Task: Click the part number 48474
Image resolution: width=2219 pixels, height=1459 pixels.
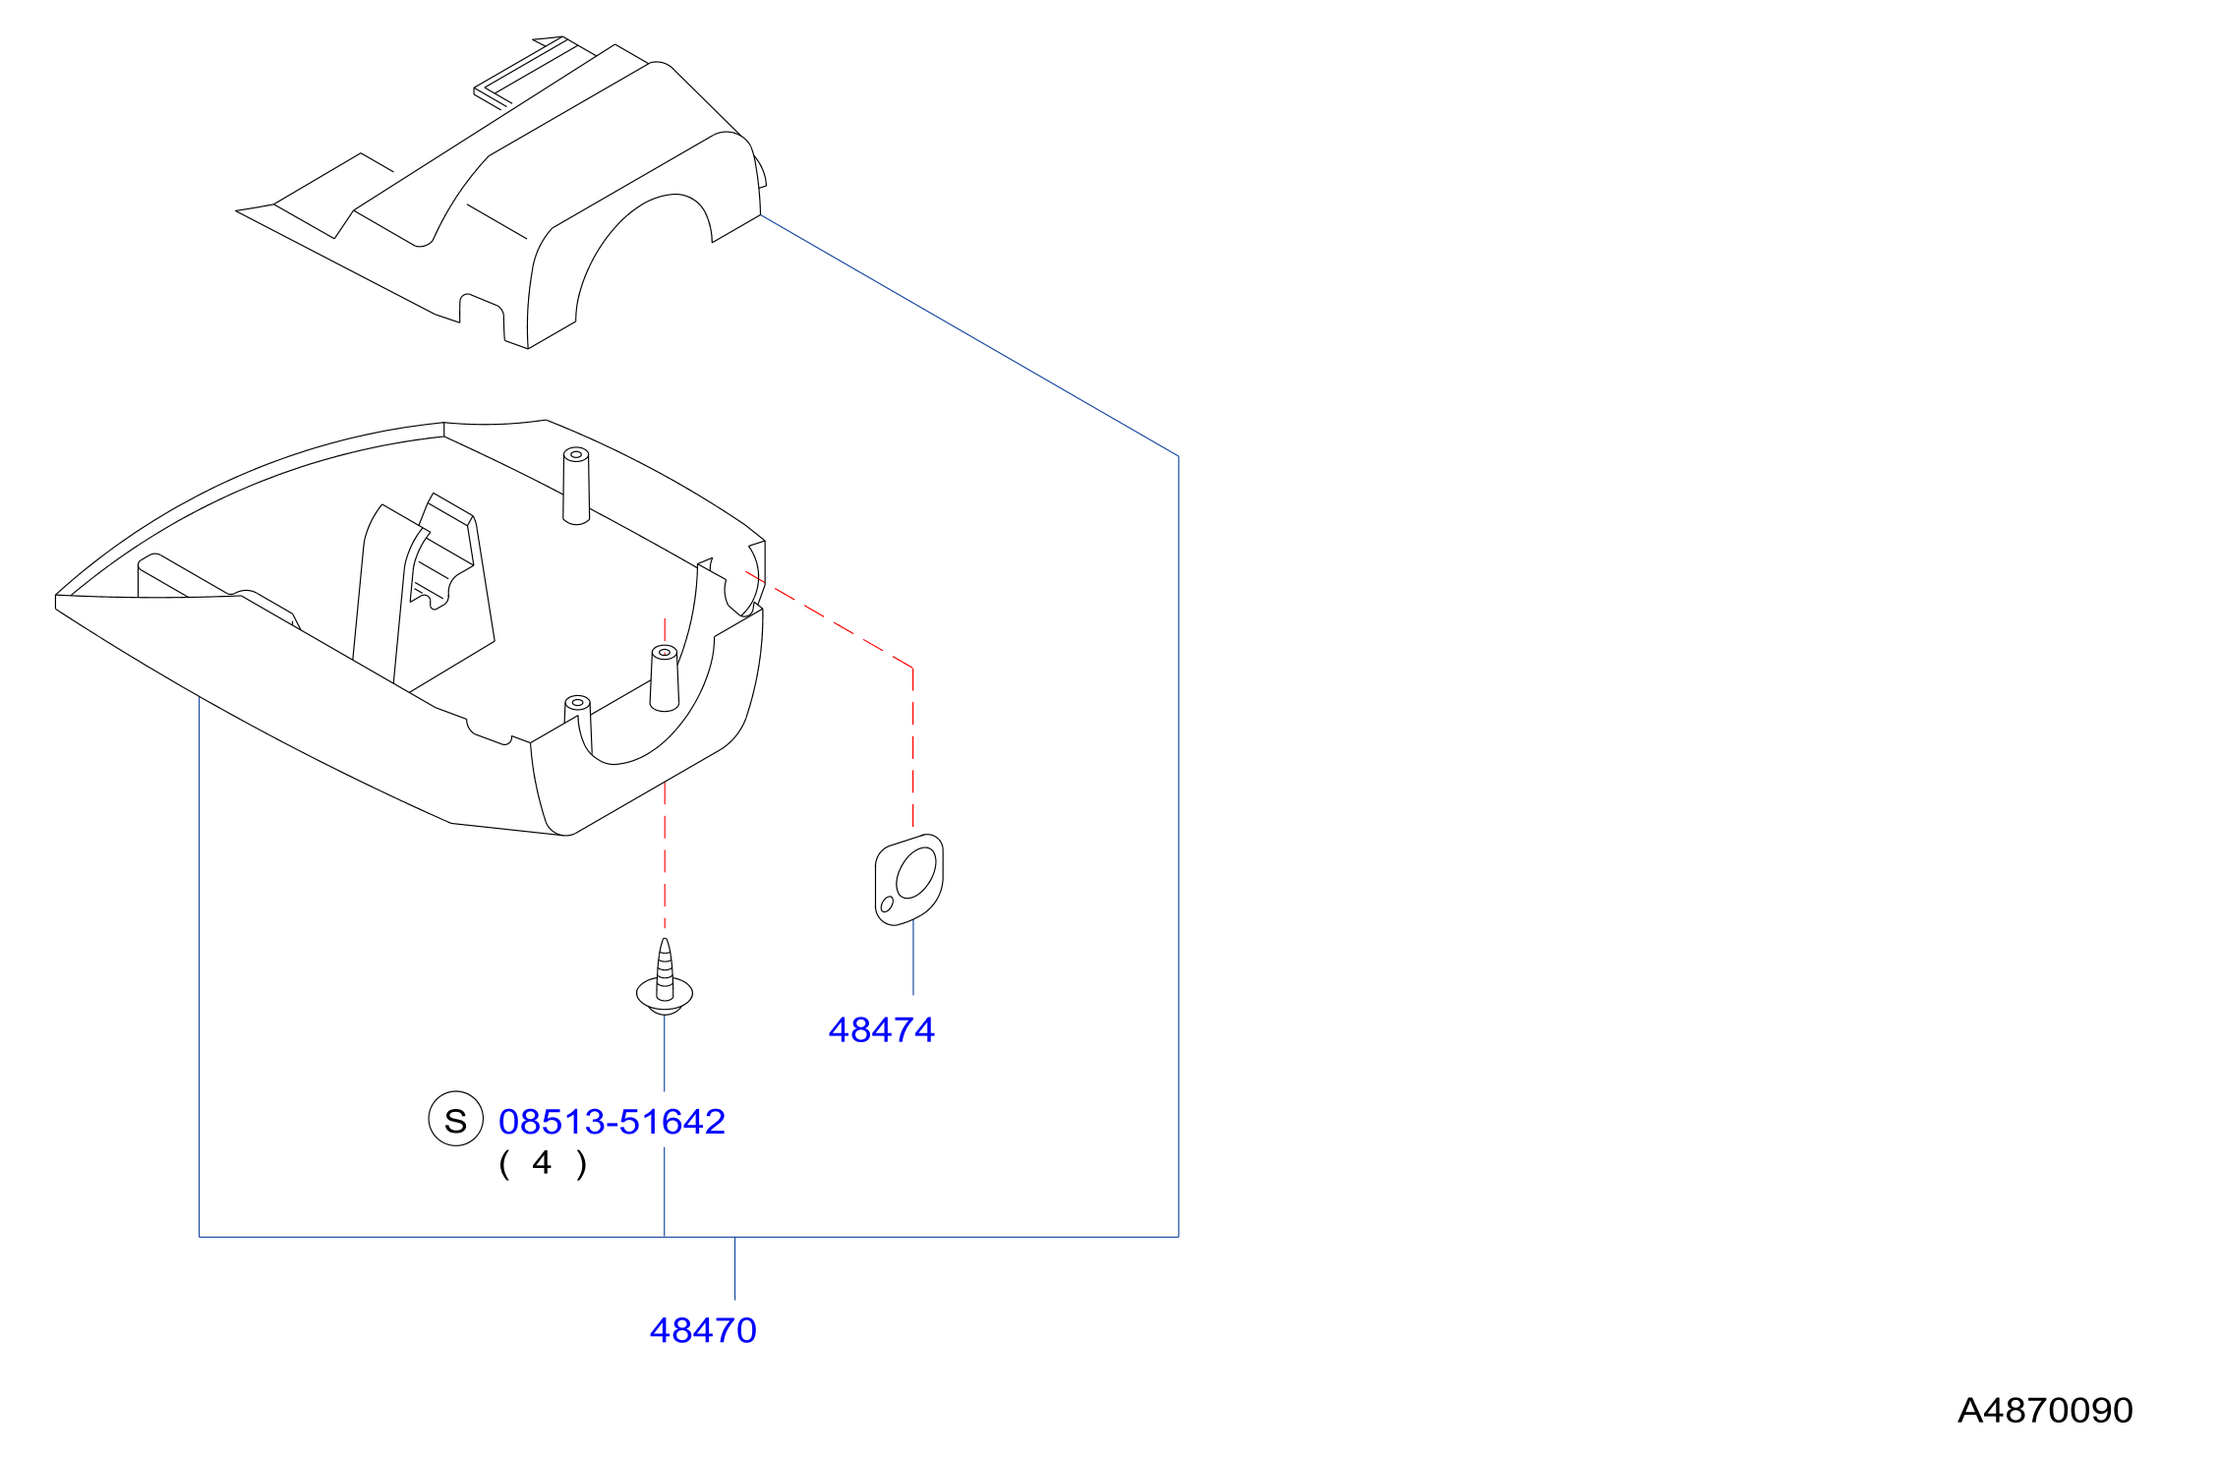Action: point(881,1029)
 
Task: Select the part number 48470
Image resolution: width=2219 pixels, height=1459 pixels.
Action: point(703,1330)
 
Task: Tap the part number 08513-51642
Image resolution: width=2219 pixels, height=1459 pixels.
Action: point(612,1122)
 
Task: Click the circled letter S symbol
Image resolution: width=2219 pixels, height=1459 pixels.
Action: point(456,1119)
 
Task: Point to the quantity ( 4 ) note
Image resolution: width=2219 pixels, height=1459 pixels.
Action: point(543,1163)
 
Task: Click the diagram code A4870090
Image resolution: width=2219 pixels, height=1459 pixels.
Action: point(2045,1410)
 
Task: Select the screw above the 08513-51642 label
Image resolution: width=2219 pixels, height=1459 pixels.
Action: point(665,978)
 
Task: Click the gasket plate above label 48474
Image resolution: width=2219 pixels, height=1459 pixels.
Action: point(909,880)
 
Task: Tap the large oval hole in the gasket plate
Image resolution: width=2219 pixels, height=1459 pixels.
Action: point(916,873)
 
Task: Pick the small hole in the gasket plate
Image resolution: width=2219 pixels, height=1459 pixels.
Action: point(887,905)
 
